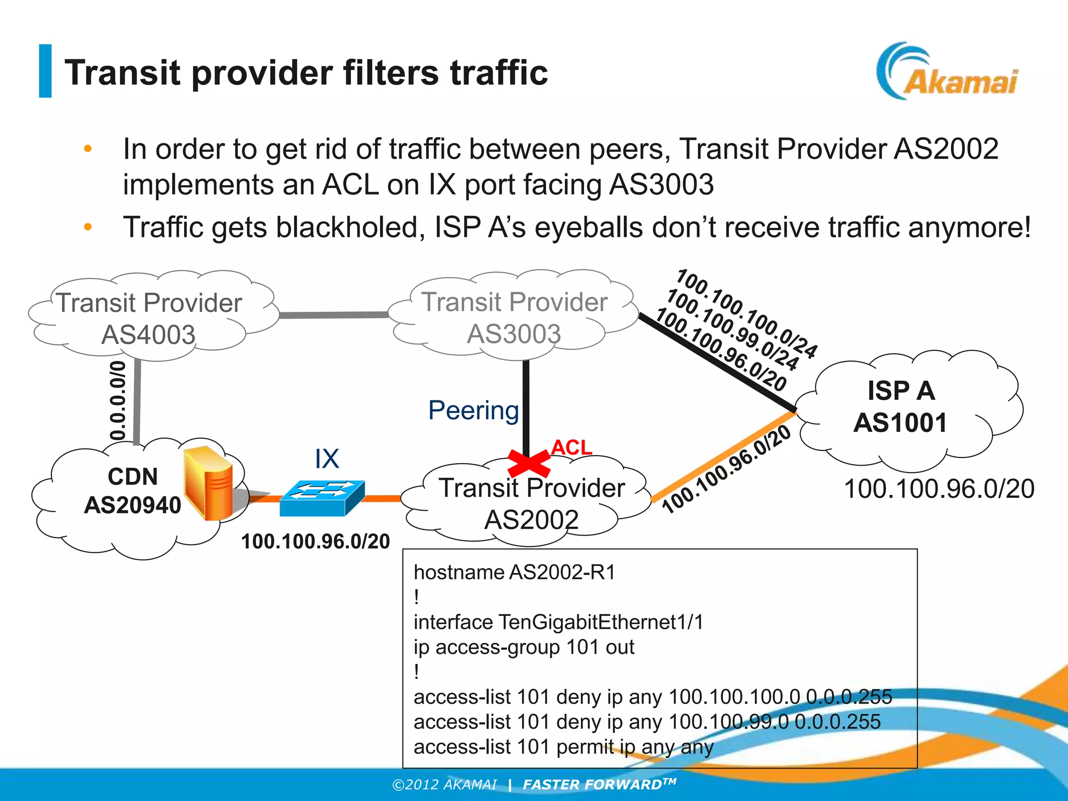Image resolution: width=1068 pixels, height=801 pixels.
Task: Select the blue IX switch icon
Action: coord(322,498)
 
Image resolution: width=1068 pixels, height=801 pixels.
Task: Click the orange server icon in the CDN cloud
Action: coord(209,483)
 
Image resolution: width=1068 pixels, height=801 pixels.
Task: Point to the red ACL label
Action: coord(572,447)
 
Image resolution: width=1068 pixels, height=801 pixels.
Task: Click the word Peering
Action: coord(474,410)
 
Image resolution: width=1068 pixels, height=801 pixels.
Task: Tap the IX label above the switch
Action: coord(327,459)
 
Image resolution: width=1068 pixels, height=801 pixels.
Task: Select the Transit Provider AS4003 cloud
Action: coord(149,318)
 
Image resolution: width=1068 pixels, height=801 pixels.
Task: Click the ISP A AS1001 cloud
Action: coord(901,406)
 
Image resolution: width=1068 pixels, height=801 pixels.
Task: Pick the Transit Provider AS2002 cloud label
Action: coord(531,503)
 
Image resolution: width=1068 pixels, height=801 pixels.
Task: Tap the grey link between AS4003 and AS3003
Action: coord(334,315)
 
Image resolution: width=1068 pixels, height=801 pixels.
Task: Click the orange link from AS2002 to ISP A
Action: coord(722,457)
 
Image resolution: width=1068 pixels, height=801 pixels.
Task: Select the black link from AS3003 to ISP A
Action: coord(717,362)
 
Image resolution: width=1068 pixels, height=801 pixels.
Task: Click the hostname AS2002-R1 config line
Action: coord(514,573)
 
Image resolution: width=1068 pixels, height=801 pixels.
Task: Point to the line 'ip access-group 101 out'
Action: coord(524,647)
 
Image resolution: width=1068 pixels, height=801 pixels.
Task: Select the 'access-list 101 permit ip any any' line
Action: coord(563,747)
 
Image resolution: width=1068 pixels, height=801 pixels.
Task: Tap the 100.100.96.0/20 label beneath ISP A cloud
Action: coord(939,489)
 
